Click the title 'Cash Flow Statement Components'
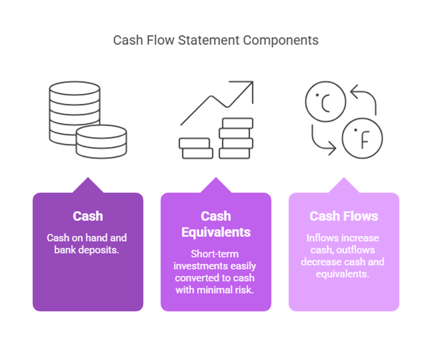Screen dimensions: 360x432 (x=215, y=40)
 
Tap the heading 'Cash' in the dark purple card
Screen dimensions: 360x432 (x=88, y=216)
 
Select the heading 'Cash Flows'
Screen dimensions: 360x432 (x=343, y=216)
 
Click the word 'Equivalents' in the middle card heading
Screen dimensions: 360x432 (x=215, y=232)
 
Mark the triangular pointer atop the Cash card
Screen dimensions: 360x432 (x=88, y=186)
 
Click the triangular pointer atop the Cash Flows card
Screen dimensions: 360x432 (x=343, y=186)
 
